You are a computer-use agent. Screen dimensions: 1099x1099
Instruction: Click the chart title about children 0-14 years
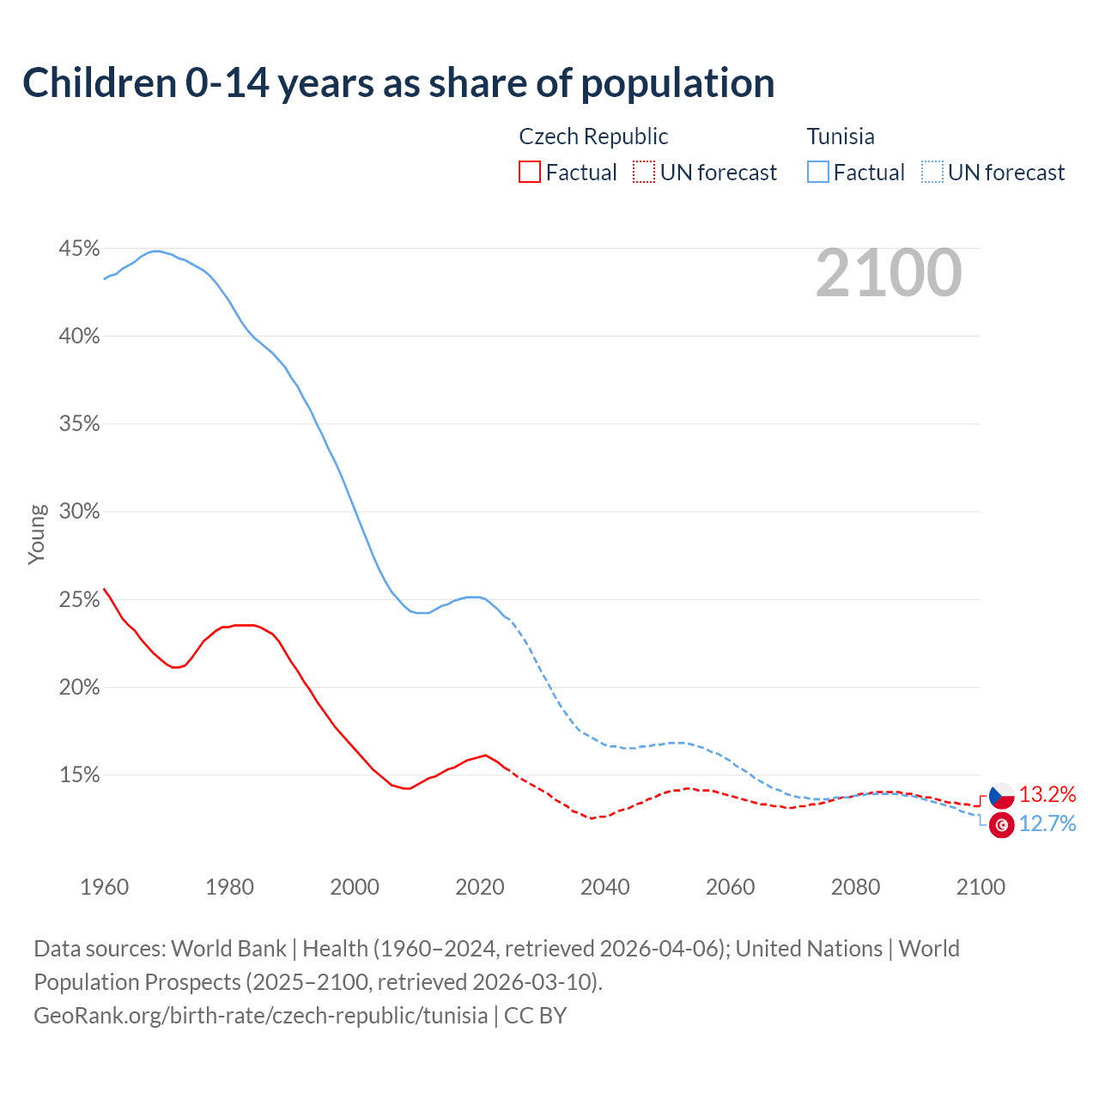tap(398, 83)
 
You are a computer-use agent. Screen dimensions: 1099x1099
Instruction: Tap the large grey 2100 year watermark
tap(889, 273)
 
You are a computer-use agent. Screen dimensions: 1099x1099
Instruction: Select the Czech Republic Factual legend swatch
tap(530, 173)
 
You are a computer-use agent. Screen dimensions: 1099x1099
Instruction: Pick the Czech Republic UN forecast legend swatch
tap(644, 173)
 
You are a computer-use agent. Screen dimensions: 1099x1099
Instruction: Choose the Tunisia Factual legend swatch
tap(818, 173)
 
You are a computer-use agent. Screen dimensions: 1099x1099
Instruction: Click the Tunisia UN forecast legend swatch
tap(932, 173)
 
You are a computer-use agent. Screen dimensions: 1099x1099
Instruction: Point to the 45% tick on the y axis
tap(79, 249)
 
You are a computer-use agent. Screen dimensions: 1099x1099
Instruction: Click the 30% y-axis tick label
tap(79, 512)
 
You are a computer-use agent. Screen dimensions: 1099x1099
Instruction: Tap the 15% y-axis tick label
tap(79, 775)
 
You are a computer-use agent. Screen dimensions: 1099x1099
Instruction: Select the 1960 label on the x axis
tap(104, 887)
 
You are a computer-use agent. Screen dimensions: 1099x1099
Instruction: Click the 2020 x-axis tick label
tap(480, 887)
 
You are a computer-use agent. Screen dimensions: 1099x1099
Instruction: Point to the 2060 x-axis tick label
tap(730, 887)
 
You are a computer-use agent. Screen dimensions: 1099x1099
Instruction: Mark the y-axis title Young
tap(36, 535)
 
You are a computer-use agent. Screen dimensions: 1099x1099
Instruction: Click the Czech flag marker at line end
tap(1001, 796)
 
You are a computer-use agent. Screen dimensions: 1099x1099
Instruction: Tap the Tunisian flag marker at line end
tap(1001, 825)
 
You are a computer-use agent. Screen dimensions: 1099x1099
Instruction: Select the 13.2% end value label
tap(1047, 795)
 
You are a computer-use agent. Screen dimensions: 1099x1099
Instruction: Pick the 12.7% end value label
tap(1047, 824)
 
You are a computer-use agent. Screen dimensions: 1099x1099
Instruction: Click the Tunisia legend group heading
tap(841, 137)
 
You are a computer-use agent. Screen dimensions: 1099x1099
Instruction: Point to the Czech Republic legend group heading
tap(593, 137)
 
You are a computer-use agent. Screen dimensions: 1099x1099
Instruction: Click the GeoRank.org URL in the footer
tap(260, 1016)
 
